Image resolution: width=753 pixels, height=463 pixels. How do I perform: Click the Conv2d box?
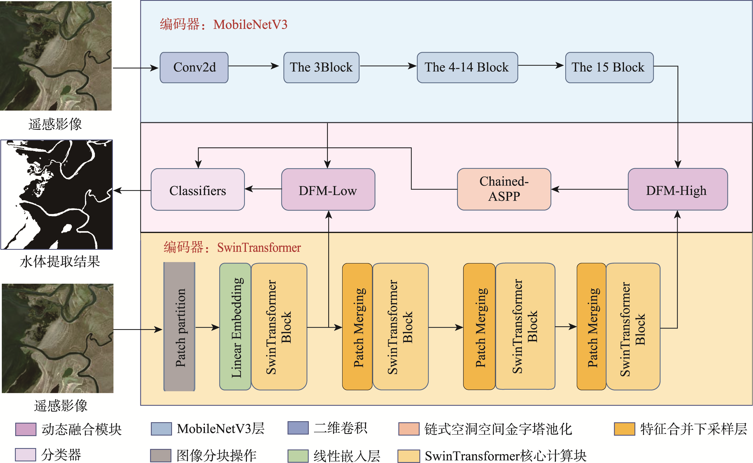click(x=194, y=67)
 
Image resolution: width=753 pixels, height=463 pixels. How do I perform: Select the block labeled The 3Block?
click(x=321, y=67)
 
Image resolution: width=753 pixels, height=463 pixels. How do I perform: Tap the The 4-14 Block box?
click(x=467, y=67)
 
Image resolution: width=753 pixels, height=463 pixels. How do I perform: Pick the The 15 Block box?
click(x=609, y=67)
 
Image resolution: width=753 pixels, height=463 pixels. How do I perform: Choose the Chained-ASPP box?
click(x=504, y=189)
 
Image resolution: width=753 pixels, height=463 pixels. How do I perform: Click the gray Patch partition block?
click(x=179, y=327)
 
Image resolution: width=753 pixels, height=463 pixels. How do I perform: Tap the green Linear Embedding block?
click(x=235, y=327)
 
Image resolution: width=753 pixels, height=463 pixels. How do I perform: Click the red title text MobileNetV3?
click(x=250, y=24)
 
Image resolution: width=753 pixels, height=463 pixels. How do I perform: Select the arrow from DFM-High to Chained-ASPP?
click(x=589, y=189)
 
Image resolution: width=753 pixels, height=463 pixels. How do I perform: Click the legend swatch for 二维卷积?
click(x=298, y=428)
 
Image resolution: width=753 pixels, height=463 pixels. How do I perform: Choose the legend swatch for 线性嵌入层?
click(x=298, y=456)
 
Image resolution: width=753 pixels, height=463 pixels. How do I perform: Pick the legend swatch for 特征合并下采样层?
click(x=624, y=429)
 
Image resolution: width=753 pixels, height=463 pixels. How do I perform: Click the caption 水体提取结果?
click(x=60, y=262)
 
